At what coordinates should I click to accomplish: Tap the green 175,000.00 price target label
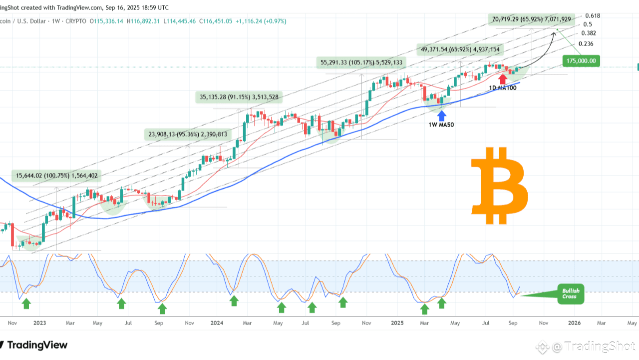coord(581,61)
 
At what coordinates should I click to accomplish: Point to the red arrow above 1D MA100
coord(503,78)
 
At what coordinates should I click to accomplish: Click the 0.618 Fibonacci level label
coord(593,15)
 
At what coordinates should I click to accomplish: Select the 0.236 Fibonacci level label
coord(586,44)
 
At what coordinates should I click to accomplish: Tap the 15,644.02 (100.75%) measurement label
coord(56,175)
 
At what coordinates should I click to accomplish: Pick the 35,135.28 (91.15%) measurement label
coord(239,97)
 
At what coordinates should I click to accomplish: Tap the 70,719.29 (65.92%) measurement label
coord(531,19)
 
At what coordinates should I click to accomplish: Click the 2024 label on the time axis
coord(217,323)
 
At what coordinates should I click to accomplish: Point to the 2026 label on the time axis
coord(574,323)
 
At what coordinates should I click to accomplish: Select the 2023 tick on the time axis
coord(39,323)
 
